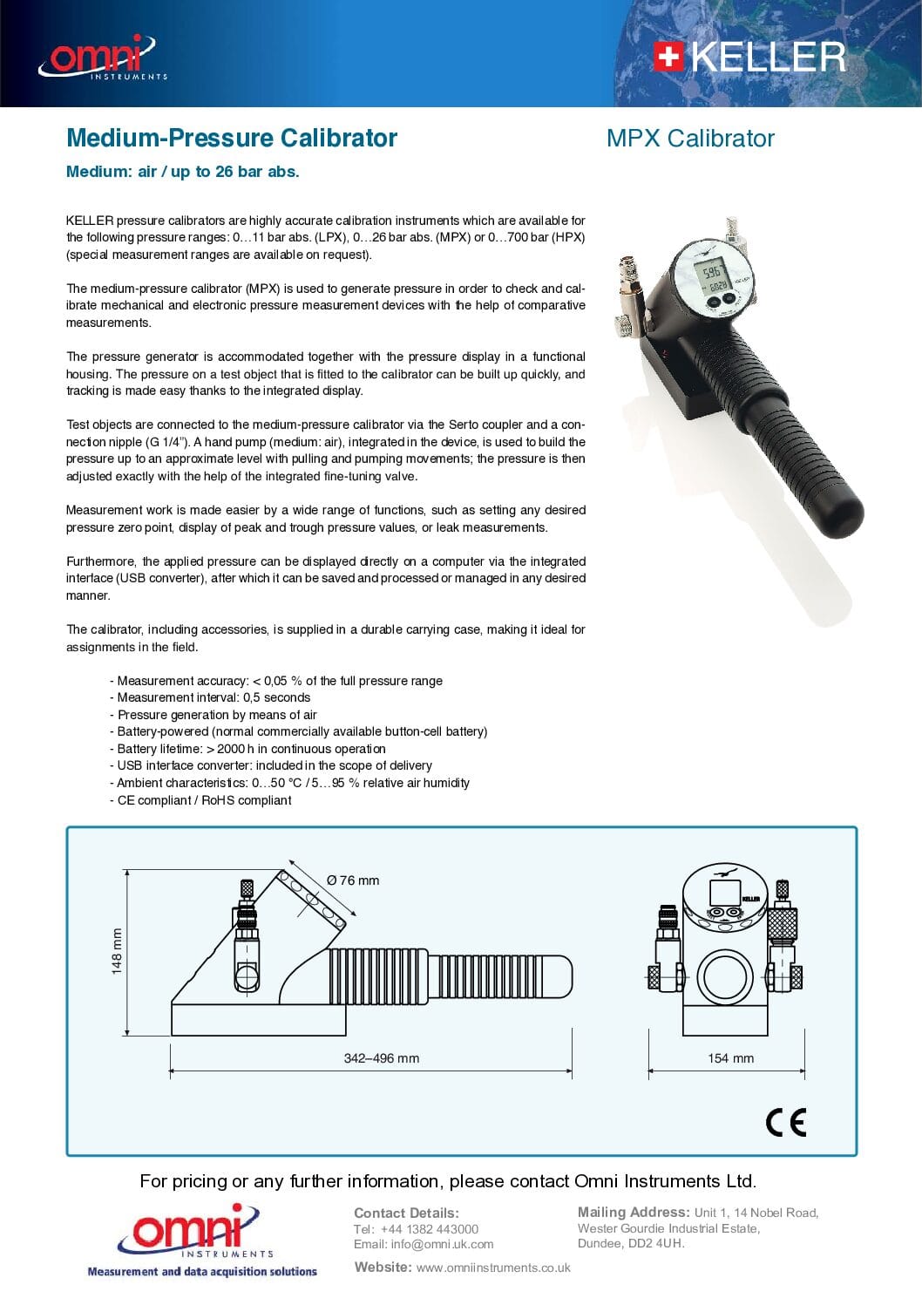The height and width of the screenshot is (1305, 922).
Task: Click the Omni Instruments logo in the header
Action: tap(101, 58)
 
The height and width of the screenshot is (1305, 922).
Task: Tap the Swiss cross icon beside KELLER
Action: tap(668, 58)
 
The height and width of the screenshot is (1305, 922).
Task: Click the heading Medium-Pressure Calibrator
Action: tap(232, 138)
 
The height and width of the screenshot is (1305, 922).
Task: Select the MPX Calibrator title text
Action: tap(690, 138)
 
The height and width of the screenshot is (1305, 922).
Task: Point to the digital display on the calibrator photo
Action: tap(714, 278)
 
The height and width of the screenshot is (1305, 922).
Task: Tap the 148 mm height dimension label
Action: tap(117, 950)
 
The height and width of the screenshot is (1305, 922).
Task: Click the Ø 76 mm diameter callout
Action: tap(353, 880)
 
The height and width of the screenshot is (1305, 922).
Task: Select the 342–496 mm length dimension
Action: tap(381, 1058)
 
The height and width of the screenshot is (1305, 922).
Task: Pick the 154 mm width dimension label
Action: tap(730, 1058)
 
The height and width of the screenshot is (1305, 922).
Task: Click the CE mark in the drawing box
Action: tap(786, 1122)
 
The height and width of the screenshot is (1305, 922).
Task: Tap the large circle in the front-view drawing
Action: tap(725, 976)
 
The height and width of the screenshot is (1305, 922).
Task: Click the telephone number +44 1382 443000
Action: tap(429, 1229)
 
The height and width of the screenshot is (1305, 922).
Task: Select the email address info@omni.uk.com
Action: tap(442, 1245)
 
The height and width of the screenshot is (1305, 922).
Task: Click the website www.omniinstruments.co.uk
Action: tap(493, 1268)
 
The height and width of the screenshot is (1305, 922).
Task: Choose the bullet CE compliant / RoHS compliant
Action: tap(204, 800)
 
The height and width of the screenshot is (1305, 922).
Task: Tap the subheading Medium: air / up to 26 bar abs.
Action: tap(183, 172)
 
